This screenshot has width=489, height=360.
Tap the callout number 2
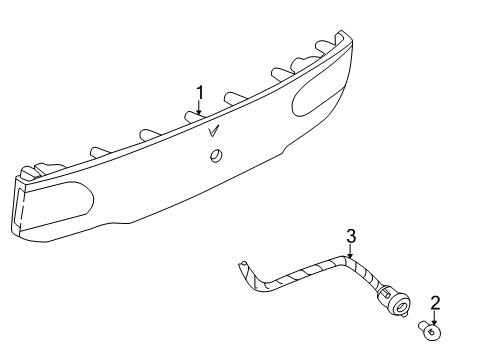click(x=434, y=303)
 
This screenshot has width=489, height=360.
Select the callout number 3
click(x=351, y=236)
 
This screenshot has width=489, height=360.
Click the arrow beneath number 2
click(x=434, y=318)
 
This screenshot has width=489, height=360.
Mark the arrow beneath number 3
click(x=351, y=253)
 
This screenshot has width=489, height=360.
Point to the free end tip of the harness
click(x=243, y=266)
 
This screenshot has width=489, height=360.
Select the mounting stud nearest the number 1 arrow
click(x=190, y=119)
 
